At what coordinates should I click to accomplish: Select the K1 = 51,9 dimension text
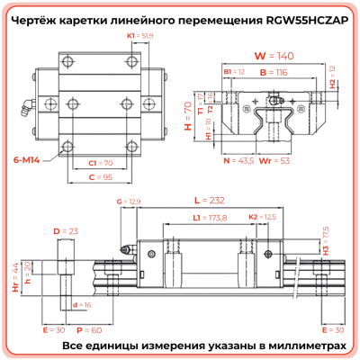point(139,35)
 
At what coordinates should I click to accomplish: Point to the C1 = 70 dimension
point(101,163)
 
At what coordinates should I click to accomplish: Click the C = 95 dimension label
point(101,177)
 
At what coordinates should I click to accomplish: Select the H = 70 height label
point(187,115)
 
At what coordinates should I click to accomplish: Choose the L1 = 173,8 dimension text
point(210,218)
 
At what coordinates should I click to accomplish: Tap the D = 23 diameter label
point(62,232)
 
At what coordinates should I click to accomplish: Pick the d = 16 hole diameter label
point(82,305)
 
